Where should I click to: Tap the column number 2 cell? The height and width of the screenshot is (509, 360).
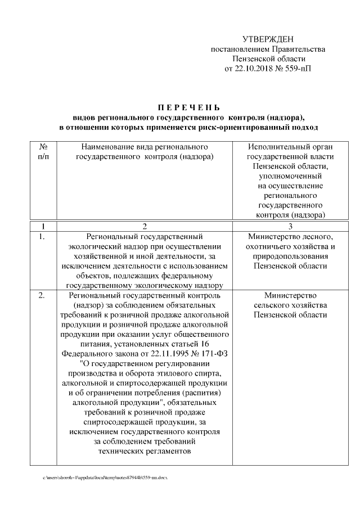(145, 226)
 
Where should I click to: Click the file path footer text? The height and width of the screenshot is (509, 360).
(105, 478)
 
